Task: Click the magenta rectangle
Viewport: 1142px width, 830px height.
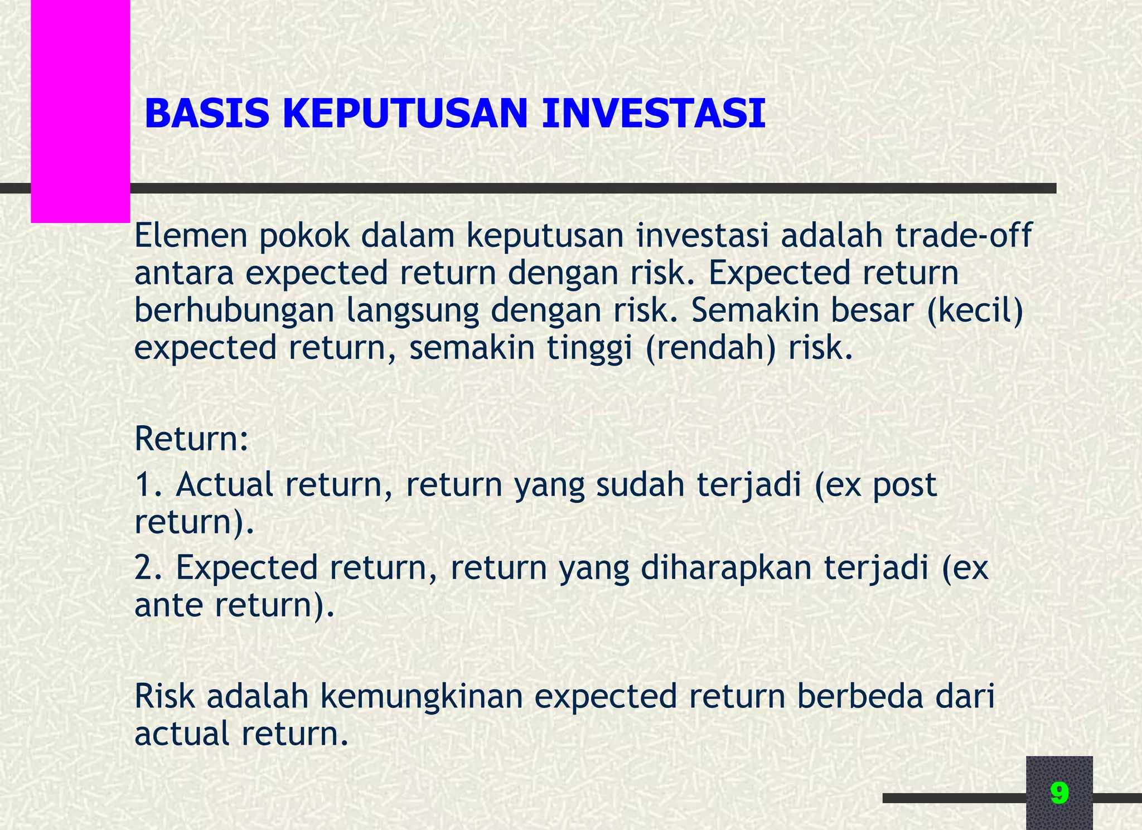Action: click(80, 111)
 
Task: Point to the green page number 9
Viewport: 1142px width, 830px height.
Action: click(1059, 793)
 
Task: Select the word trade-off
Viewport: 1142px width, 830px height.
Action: click(964, 235)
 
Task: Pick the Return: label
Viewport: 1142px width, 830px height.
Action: click(191, 439)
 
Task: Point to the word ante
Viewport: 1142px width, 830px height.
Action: click(168, 606)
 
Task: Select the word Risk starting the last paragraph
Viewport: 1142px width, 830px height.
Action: click(164, 697)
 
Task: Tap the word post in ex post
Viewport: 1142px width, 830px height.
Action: click(904, 486)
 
